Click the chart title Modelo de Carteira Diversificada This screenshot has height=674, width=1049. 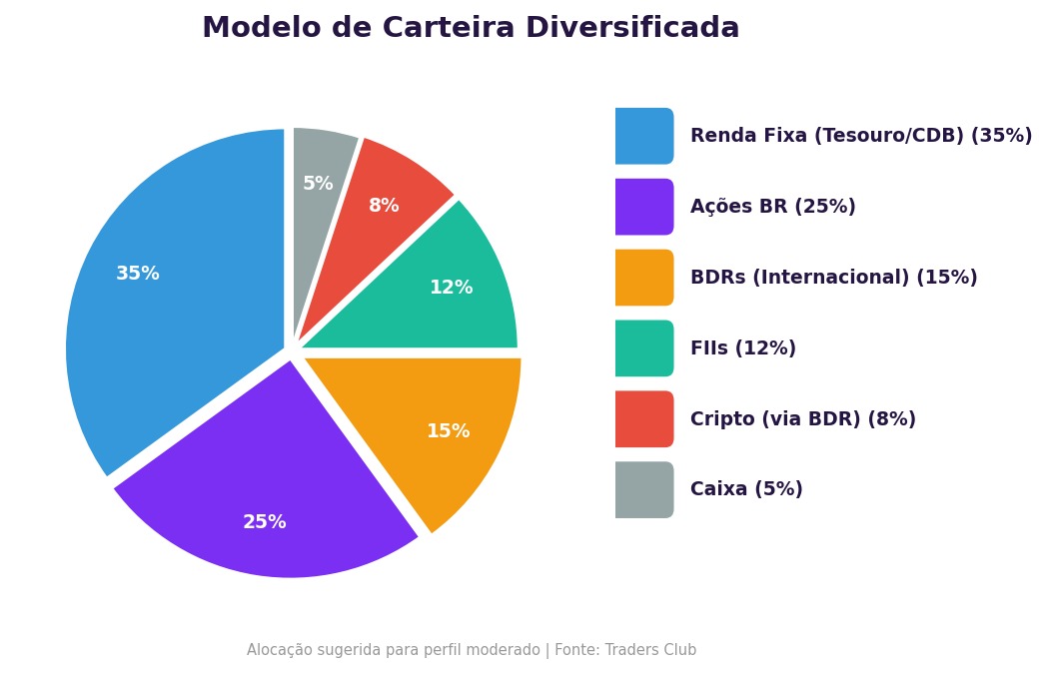coord(471,28)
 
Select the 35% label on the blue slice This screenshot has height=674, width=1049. coord(138,274)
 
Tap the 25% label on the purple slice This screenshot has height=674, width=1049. coord(265,522)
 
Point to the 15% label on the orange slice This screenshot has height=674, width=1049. coord(449,431)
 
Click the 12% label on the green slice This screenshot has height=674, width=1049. coord(452,288)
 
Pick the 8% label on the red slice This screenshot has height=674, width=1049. coord(384,206)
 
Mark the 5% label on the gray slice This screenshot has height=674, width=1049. coord(318,184)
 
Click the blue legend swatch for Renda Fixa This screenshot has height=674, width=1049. coord(643,136)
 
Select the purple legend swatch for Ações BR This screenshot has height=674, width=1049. coord(643,207)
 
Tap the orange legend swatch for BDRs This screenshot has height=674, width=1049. coord(643,278)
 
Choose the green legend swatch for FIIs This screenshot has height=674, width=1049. coord(643,348)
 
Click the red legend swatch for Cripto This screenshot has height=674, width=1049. coord(643,419)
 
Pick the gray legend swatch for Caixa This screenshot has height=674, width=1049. coord(643,489)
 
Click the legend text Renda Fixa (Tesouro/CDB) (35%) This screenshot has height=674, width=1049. coord(861,136)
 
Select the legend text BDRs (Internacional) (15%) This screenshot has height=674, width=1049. coord(833,278)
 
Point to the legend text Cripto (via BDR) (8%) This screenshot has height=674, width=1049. coord(802,419)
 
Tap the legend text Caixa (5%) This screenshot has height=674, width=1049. coord(746,489)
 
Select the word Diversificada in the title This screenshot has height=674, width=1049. coord(627,28)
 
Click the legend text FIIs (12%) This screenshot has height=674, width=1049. coord(743,348)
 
